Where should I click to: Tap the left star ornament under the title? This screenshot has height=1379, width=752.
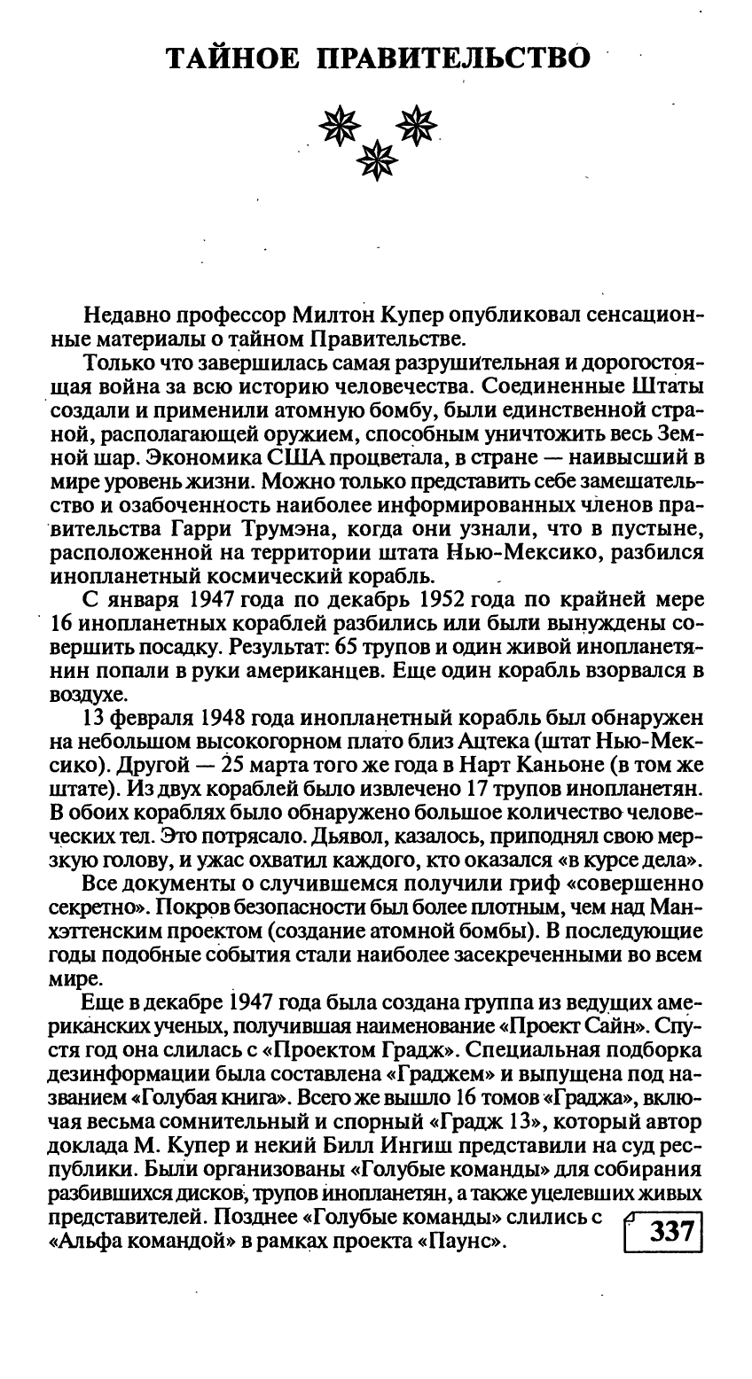coord(336,128)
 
